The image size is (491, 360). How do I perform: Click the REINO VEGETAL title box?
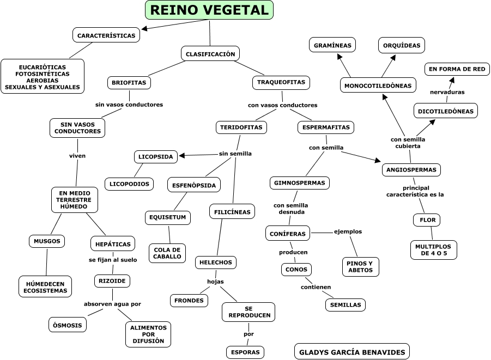tap(209, 10)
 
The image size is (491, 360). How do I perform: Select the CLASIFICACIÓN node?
tap(210, 54)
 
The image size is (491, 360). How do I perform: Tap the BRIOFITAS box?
tap(129, 83)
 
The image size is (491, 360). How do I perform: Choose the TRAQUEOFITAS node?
tap(281, 83)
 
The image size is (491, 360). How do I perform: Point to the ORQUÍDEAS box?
tap(402, 45)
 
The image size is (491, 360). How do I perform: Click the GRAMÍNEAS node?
tap(332, 45)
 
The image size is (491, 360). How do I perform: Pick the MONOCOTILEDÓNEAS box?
tap(378, 86)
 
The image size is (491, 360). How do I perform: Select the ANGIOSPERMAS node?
tap(411, 170)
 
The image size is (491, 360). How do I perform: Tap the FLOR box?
tap(427, 220)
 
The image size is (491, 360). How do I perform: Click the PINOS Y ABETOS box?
tap(360, 267)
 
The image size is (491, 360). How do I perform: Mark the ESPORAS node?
tap(245, 352)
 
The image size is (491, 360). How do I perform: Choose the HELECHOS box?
tap(215, 263)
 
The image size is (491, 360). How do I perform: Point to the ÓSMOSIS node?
tap(68, 325)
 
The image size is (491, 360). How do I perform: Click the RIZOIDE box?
tap(112, 281)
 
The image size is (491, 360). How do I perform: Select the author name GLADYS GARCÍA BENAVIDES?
tap(351, 352)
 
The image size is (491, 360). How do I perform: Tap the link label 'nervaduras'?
tap(447, 92)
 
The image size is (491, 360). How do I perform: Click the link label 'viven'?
tap(77, 156)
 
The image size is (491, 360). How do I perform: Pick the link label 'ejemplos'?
tap(348, 231)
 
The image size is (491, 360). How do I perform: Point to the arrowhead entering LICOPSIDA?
tap(182, 156)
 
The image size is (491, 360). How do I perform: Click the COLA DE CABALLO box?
tap(167, 253)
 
